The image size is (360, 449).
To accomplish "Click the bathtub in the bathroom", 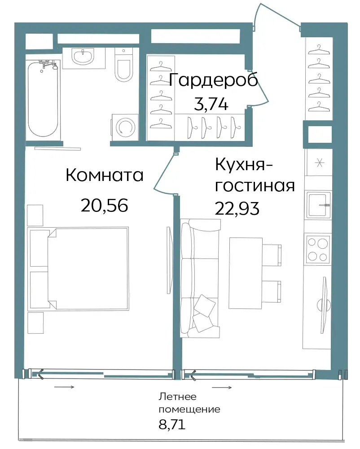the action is pos(43,99).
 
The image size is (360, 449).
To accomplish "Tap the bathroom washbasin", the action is pos(83,57).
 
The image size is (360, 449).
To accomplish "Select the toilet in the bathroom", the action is pos(123,65).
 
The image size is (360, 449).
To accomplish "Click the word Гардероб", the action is pos(214,80).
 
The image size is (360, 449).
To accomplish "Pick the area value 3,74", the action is pos(211,104).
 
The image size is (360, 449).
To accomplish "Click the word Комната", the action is pos(105,175).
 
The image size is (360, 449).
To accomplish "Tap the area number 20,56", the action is pos(104,205).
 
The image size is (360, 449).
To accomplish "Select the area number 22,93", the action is pos(237,208).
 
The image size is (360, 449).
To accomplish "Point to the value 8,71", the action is pos(172,424).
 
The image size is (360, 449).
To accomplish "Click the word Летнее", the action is pos(177,396).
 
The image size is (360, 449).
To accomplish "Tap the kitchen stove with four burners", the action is pos(318,249).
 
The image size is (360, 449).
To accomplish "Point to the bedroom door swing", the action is pos(164,174).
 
